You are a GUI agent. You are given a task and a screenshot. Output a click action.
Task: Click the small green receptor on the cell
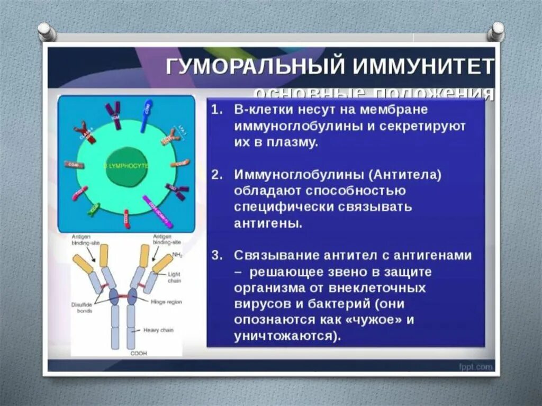click(x=93, y=209)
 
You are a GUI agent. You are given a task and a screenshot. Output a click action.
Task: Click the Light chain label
click(x=174, y=277)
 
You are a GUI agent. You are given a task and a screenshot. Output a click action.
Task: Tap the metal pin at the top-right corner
click(x=496, y=31)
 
